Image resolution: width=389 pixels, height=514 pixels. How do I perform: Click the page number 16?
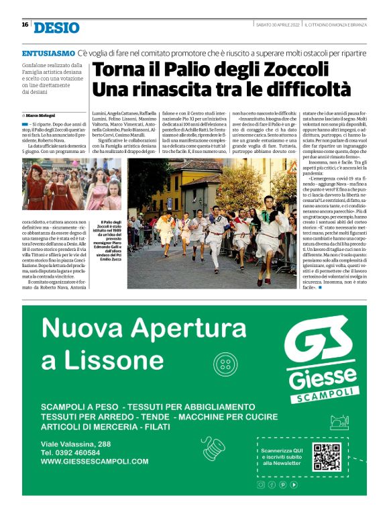coord(24,25)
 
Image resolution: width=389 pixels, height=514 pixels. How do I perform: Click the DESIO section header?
coord(56,28)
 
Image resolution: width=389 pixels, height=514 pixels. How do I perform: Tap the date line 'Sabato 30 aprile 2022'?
coord(278,25)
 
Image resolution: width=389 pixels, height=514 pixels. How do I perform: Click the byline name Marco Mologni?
coord(41,115)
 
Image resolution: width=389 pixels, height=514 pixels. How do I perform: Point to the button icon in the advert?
coord(225,364)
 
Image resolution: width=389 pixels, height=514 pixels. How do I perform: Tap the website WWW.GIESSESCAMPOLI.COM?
coord(95,462)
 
